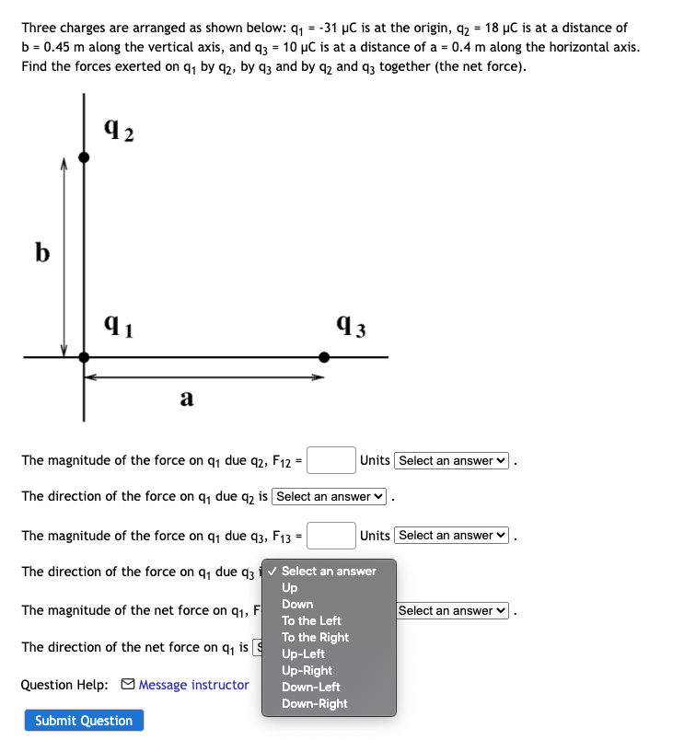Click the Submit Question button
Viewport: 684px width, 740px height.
84,721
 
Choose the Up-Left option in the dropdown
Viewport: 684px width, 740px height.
303,653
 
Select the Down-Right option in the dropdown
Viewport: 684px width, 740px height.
314,703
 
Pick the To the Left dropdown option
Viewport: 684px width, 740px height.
311,620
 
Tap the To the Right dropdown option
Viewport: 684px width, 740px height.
315,637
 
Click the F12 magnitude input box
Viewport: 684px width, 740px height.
331,459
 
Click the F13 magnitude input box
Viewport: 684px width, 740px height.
331,535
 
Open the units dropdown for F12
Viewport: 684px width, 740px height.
451,460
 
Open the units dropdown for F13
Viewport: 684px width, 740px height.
451,536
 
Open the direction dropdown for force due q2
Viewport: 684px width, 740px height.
330,497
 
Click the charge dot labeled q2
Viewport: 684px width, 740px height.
84,157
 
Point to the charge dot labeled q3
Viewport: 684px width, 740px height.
323,356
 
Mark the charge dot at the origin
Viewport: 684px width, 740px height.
84,356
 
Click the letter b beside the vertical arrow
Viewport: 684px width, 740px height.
42,251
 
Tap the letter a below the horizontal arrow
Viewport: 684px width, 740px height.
186,398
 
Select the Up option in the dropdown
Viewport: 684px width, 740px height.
289,587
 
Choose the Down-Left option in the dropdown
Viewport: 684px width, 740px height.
310,687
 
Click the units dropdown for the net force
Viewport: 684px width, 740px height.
451,611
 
